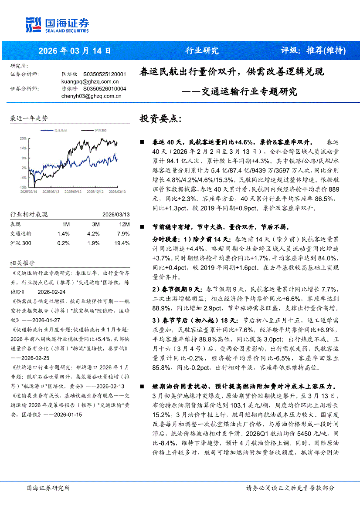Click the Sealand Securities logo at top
(x=58, y=25)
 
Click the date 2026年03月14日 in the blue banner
(x=75, y=51)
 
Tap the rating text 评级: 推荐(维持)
(x=313, y=51)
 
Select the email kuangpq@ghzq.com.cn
(x=90, y=81)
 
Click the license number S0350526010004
(x=105, y=89)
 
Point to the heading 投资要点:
(x=158, y=119)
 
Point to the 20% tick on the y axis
(x=23, y=138)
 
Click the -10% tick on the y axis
(x=23, y=187)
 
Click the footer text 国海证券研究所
(x=48, y=488)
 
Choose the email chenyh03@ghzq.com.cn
(x=91, y=96)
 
